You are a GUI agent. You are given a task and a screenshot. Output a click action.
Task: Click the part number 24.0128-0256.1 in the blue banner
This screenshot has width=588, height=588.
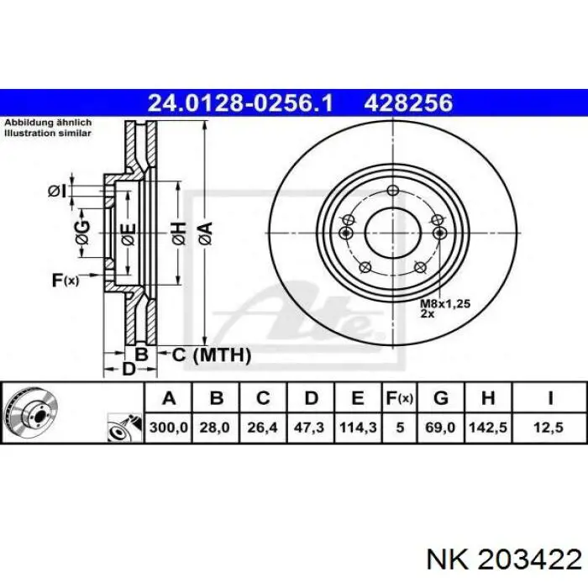[x=240, y=102]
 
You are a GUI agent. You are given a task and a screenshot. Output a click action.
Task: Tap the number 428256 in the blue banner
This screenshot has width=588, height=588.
[x=408, y=102]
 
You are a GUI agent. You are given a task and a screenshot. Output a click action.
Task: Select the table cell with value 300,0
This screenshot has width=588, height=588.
[x=168, y=428]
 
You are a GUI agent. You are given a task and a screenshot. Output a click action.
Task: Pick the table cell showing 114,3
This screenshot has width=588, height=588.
[x=358, y=428]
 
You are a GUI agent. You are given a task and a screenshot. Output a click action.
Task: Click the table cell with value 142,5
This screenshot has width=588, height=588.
[x=488, y=428]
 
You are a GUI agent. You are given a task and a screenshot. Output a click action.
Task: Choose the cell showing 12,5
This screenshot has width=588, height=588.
[x=549, y=428]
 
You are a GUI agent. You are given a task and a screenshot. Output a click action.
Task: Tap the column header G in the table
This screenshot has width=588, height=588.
[x=441, y=398]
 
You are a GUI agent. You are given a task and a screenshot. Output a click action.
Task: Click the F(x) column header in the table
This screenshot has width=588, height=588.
[x=400, y=398]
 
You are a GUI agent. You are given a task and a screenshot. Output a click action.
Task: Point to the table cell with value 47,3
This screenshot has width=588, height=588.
[x=311, y=428]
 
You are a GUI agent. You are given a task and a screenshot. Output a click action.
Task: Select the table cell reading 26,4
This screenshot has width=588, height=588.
[x=263, y=428]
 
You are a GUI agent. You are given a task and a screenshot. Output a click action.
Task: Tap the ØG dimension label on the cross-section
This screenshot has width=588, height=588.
[x=82, y=233]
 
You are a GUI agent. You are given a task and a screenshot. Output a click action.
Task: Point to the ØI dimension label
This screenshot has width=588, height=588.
[x=57, y=192]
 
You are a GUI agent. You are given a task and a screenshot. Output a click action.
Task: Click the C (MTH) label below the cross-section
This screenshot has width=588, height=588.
[x=211, y=354]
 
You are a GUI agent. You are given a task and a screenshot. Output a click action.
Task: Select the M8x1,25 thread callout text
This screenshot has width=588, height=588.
[x=445, y=303]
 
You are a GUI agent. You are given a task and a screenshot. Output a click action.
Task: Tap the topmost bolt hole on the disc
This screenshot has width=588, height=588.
[x=392, y=190]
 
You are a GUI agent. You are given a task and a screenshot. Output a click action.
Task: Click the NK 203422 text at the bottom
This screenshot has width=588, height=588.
[x=504, y=561]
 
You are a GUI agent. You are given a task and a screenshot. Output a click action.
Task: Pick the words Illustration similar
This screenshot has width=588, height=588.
[x=48, y=133]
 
